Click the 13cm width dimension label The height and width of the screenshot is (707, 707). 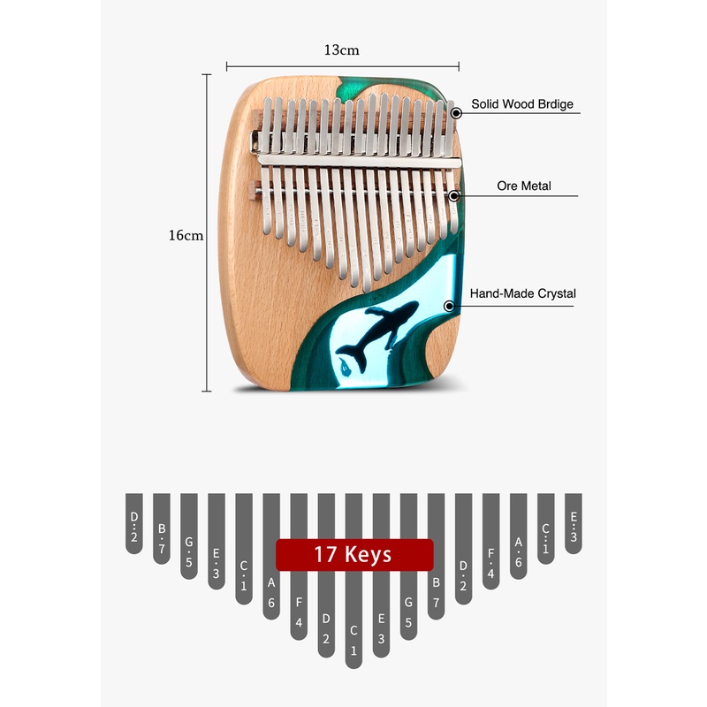(x=342, y=49)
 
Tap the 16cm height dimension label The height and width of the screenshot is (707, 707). (x=186, y=235)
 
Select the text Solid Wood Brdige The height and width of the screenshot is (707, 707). (x=522, y=104)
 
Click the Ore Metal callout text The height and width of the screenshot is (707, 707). (x=524, y=186)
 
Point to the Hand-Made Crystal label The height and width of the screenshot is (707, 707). (x=522, y=293)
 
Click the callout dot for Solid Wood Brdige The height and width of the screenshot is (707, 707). (x=456, y=113)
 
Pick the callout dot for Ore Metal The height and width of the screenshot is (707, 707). (x=454, y=195)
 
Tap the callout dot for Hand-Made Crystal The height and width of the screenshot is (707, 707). (x=449, y=306)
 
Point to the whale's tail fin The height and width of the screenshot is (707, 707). (x=352, y=354)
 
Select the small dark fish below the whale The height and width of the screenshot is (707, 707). (x=346, y=369)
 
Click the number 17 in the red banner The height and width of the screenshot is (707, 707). (x=325, y=555)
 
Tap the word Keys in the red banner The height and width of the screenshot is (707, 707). (x=368, y=555)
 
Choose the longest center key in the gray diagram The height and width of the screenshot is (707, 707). (x=353, y=581)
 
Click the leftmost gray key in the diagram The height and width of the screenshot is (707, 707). (x=134, y=523)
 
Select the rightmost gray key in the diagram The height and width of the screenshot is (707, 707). (x=573, y=523)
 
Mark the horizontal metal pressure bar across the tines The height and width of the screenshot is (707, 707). (x=360, y=161)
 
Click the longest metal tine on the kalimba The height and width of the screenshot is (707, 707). (x=366, y=194)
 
